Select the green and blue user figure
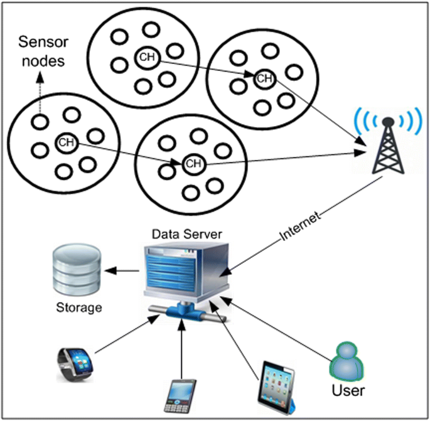pos(347,360)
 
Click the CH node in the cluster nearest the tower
pos(264,78)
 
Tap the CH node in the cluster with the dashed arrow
pos(65,142)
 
